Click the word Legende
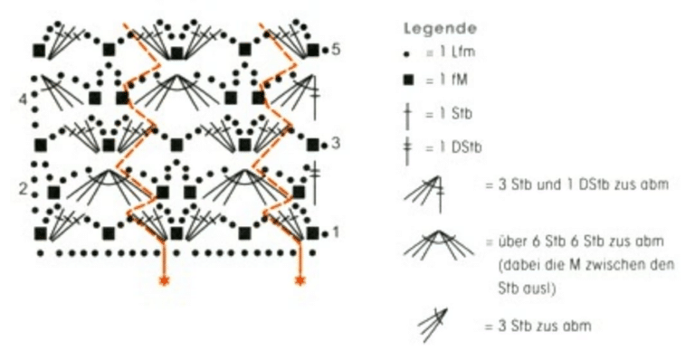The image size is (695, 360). (440, 29)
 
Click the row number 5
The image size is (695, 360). (336, 49)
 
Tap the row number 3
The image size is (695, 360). (336, 144)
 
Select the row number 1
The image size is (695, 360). (336, 232)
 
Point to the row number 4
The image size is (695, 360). (23, 99)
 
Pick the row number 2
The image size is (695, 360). (23, 189)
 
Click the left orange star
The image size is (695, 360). (165, 280)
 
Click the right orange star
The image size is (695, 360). (300, 280)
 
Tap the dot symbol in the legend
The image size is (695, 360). (407, 53)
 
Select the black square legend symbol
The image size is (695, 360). (408, 81)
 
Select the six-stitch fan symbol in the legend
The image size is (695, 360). (438, 245)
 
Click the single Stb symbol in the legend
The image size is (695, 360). (408, 114)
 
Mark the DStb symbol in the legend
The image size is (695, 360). (408, 148)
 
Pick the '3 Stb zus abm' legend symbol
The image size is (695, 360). (433, 326)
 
